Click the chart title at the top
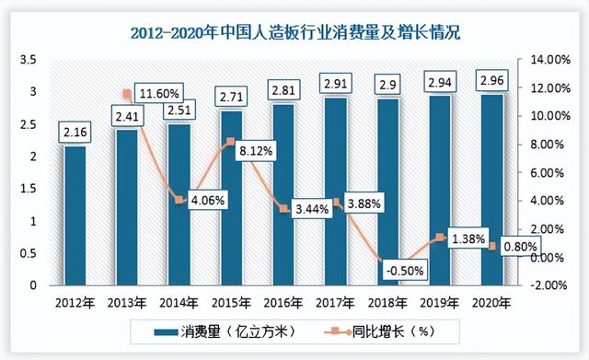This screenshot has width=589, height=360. (x=294, y=33)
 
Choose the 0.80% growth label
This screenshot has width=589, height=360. (x=521, y=247)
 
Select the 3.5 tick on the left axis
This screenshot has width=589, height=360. (x=28, y=60)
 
